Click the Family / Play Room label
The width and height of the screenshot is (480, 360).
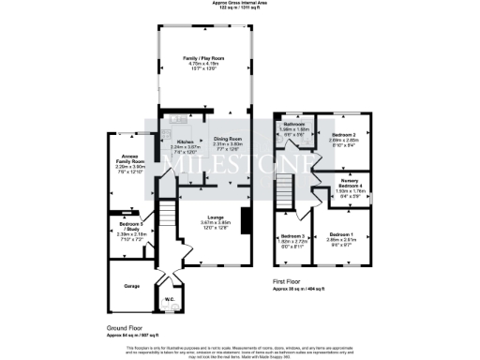(203, 57)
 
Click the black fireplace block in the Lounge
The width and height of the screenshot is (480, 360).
(246, 221)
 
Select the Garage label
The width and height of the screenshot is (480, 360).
(119, 286)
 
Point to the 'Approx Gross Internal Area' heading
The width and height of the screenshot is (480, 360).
(239, 3)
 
